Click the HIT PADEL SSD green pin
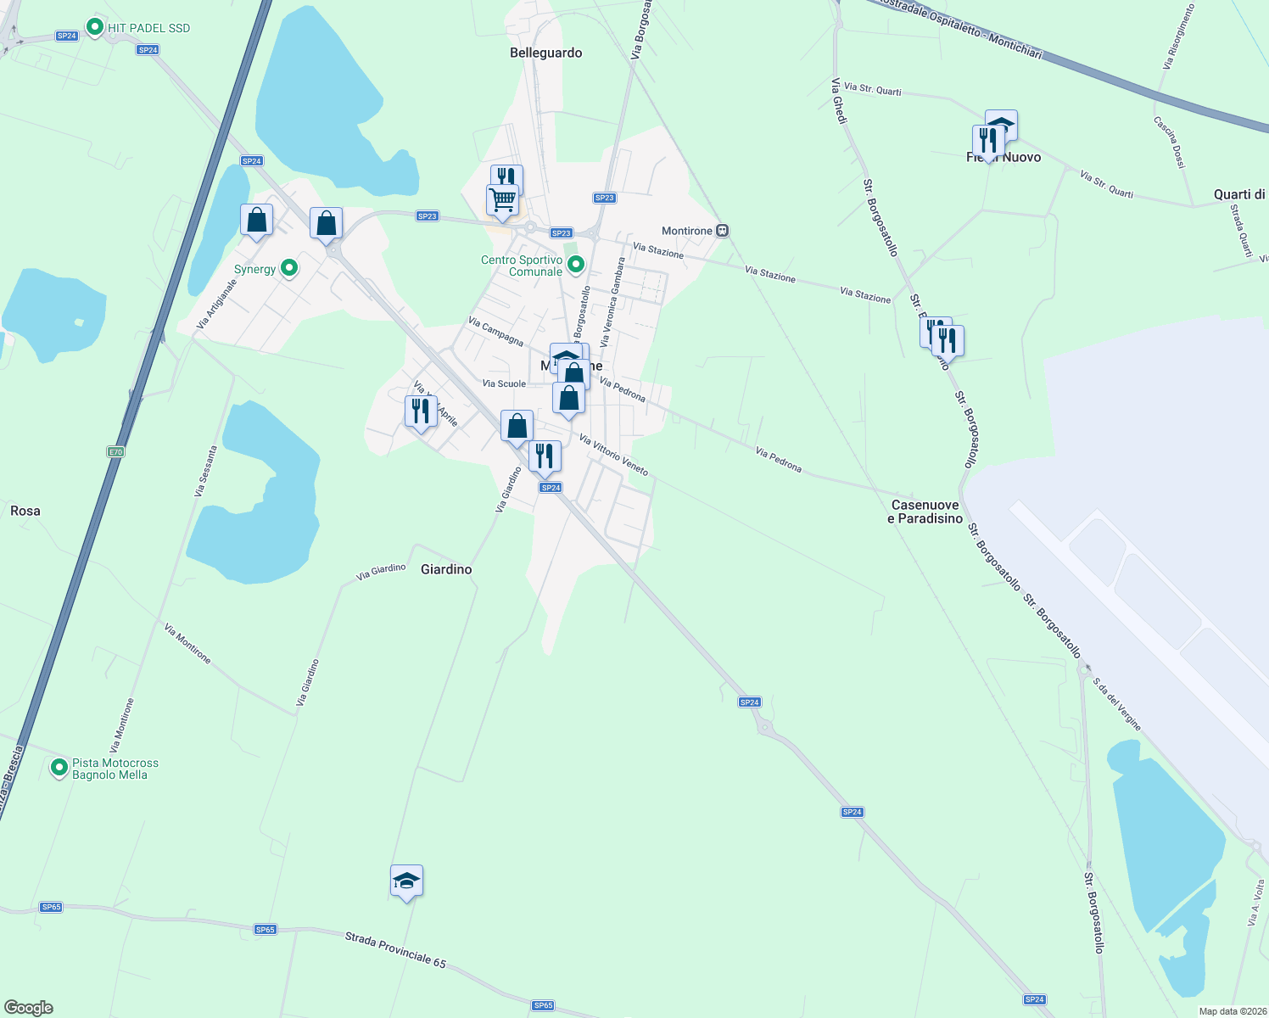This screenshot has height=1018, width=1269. tap(95, 28)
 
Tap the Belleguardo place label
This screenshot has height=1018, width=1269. tap(546, 53)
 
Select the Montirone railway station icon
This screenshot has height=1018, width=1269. tap(722, 231)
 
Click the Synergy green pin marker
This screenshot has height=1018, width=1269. tap(289, 268)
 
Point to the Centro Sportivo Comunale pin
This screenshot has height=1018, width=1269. tap(576, 265)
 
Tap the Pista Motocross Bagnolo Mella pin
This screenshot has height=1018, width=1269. tap(59, 768)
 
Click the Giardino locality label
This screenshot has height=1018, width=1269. tap(446, 569)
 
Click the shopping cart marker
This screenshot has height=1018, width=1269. tap(502, 200)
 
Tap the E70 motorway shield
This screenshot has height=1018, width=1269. tap(115, 452)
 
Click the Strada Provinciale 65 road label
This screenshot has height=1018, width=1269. tap(395, 950)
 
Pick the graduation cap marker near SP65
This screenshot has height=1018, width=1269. tap(406, 881)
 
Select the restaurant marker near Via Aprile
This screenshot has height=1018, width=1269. tap(421, 411)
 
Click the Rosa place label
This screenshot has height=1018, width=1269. tap(25, 511)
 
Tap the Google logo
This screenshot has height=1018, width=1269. tap(29, 1008)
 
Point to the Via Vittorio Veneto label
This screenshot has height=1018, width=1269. tap(613, 456)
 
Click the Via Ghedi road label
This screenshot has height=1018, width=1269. tap(839, 101)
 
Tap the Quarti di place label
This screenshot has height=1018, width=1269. tap(1239, 194)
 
